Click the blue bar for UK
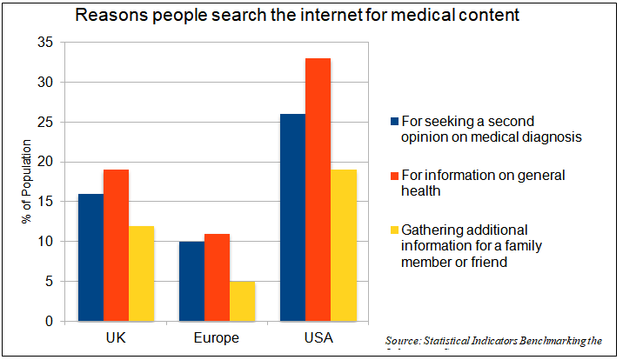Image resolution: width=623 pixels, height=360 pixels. click(x=90, y=257)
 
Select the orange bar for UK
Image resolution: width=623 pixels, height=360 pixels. click(x=116, y=245)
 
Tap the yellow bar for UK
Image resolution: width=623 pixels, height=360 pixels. click(x=141, y=273)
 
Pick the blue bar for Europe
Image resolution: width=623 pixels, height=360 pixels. click(x=192, y=281)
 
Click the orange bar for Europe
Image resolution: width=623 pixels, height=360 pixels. click(x=218, y=277)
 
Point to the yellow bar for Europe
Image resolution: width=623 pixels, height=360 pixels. click(x=243, y=301)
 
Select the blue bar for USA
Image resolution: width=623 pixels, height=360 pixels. click(x=293, y=217)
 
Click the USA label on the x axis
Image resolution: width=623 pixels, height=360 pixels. click(x=318, y=337)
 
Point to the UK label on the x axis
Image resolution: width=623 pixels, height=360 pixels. click(x=116, y=337)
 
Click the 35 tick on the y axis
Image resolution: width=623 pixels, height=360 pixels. click(x=45, y=43)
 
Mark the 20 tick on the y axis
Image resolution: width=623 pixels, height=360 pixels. click(x=45, y=162)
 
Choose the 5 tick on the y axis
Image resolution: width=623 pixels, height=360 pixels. click(x=49, y=282)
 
